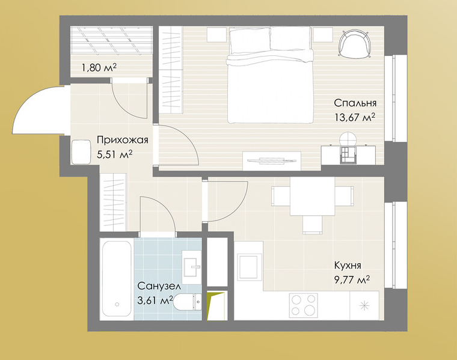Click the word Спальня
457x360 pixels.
tap(355, 103)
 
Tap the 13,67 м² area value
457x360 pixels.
tap(355, 117)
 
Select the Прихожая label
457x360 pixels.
tap(123, 140)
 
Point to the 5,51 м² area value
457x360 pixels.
tap(115, 154)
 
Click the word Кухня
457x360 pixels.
tap(348, 266)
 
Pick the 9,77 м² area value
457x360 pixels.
tap(352, 280)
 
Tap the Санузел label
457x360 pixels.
tap(159, 286)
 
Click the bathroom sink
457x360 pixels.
tap(192, 264)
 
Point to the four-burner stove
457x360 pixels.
tap(303, 305)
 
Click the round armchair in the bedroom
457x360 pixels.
tap(355, 44)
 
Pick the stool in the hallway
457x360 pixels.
tap(81, 152)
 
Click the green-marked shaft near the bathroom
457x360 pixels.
tap(216, 305)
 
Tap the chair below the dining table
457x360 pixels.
tap(313, 225)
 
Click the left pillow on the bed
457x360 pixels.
tap(249, 41)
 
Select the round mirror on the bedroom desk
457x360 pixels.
tap(349, 139)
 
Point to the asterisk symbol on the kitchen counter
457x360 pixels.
tap(364, 305)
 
